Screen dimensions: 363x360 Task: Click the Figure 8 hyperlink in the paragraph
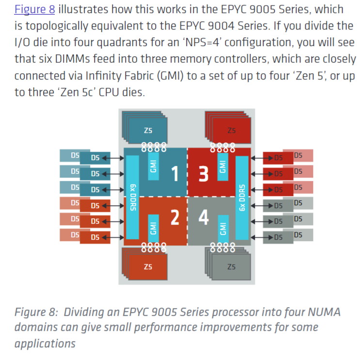point(35,10)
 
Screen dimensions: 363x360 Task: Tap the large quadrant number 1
point(175,174)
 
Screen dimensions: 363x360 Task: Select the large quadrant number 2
point(175,217)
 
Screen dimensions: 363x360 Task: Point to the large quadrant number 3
point(204,174)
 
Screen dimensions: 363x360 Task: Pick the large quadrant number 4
point(204,217)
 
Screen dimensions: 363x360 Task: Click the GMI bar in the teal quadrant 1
point(153,166)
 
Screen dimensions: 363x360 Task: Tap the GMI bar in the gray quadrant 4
point(223,229)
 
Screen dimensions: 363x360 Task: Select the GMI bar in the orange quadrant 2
point(153,229)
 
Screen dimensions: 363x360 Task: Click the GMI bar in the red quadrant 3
point(223,167)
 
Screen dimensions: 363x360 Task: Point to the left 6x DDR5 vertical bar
point(132,197)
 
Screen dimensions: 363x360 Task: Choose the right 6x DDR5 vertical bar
point(242,198)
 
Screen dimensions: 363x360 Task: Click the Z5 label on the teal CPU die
point(148,131)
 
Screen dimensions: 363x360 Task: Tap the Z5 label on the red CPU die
point(232,131)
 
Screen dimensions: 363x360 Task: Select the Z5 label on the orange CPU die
point(148,267)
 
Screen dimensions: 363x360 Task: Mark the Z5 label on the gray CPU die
point(232,267)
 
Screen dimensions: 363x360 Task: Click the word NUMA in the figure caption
point(324,312)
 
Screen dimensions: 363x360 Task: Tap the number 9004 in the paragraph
point(221,26)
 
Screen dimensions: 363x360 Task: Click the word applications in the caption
point(45,344)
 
